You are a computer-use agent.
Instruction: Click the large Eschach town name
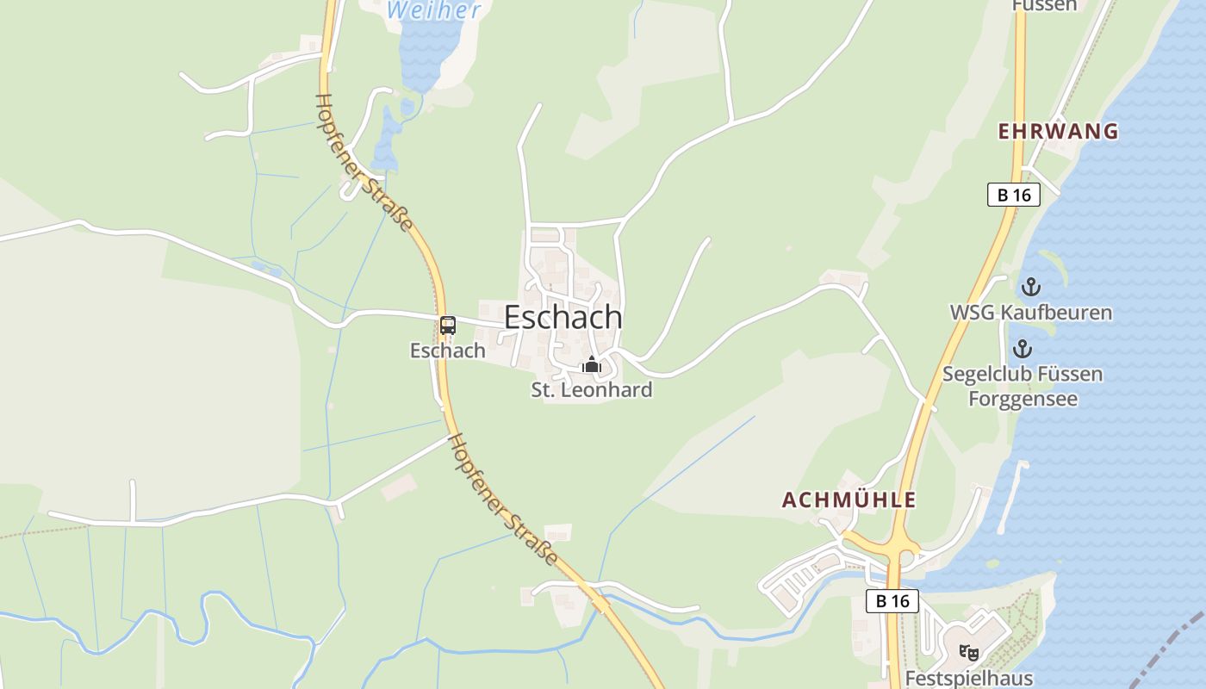pyautogui.click(x=563, y=317)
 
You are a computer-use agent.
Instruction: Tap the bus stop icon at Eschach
pyautogui.click(x=447, y=326)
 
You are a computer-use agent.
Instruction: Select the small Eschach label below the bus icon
pyautogui.click(x=447, y=351)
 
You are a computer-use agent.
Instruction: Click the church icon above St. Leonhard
pyautogui.click(x=591, y=365)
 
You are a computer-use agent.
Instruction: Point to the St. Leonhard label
pyautogui.click(x=591, y=389)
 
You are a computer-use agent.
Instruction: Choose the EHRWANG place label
pyautogui.click(x=1058, y=131)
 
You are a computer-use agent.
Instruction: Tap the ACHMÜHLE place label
pyautogui.click(x=849, y=500)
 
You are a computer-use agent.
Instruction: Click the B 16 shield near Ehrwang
pyautogui.click(x=1014, y=195)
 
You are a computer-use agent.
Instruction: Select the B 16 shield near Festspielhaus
pyautogui.click(x=892, y=600)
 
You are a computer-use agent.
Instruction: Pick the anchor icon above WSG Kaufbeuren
pyautogui.click(x=1030, y=287)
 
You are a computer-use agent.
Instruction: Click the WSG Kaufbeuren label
pyautogui.click(x=1030, y=312)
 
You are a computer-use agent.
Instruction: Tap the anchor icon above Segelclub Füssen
pyautogui.click(x=1022, y=349)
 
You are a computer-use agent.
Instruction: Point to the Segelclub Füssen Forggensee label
pyautogui.click(x=1022, y=387)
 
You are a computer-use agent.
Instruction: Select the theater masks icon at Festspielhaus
pyautogui.click(x=968, y=653)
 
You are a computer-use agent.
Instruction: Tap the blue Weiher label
pyautogui.click(x=433, y=10)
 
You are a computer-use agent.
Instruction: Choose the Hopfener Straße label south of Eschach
pyautogui.click(x=504, y=499)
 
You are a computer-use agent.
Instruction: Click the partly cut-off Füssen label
pyautogui.click(x=1044, y=5)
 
